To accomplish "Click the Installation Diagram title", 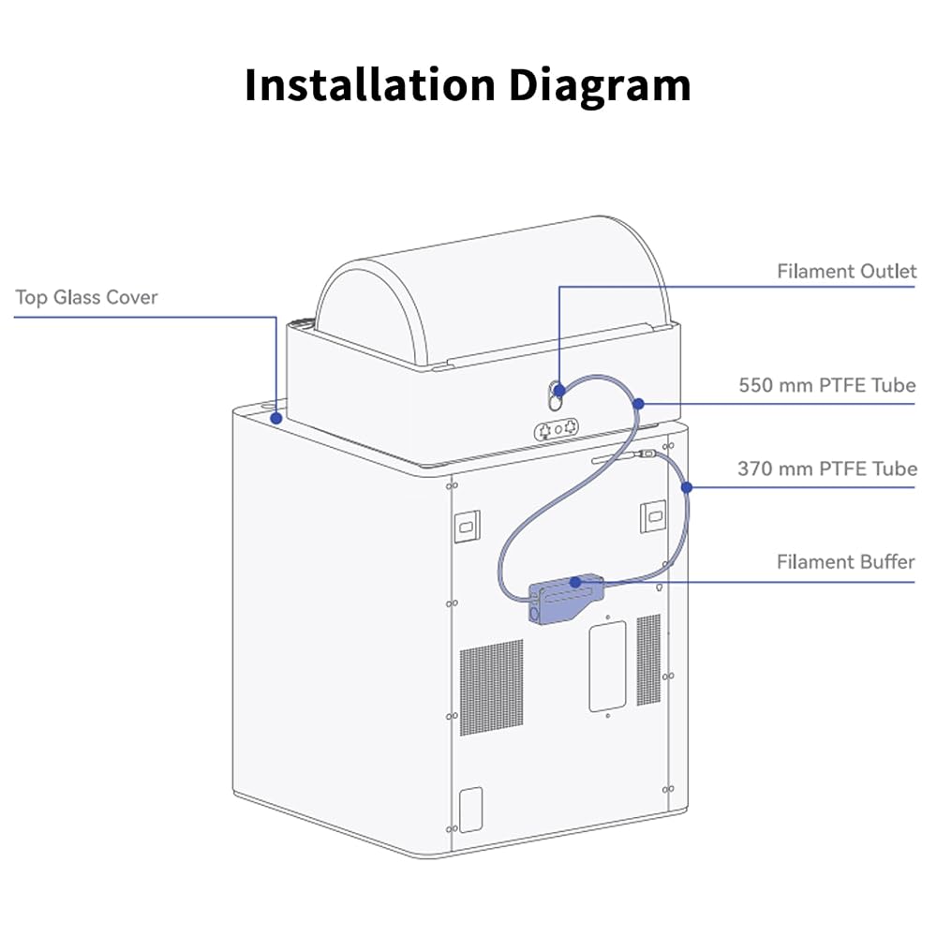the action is pos(468,85).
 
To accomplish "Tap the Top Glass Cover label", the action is pos(86,297).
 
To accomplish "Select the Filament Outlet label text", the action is pos(846,272).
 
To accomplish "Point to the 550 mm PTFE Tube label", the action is pos(827,385).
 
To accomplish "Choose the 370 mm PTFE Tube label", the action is pos(827,468).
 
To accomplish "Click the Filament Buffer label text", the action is pos(845,561).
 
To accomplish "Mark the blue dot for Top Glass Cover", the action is pos(276,418).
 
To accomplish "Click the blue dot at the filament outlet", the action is pos(559,391).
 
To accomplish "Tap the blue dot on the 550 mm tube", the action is pos(638,404).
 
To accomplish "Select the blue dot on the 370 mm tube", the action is pos(687,487).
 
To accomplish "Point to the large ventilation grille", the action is pos(491,687).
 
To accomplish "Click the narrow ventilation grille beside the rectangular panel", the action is pos(648,660).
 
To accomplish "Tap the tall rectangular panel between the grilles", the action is pos(608,666).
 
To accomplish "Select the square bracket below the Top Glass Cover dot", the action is pos(468,527).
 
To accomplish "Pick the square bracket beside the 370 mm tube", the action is pos(653,516).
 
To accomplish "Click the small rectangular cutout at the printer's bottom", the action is pos(471,810).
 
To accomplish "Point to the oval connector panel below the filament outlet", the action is pos(556,429).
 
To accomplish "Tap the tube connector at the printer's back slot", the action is pos(647,454).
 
